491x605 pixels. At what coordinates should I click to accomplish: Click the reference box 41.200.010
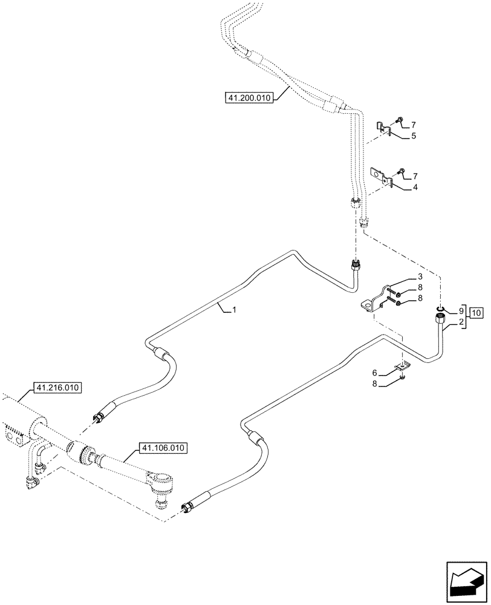coord(249,97)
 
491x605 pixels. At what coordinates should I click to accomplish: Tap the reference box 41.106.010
coord(163,448)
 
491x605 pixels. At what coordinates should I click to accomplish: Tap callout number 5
coord(414,136)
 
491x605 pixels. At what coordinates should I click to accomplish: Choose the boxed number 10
coord(476,313)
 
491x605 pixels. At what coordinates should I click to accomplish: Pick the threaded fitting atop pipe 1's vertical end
coord(356,265)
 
